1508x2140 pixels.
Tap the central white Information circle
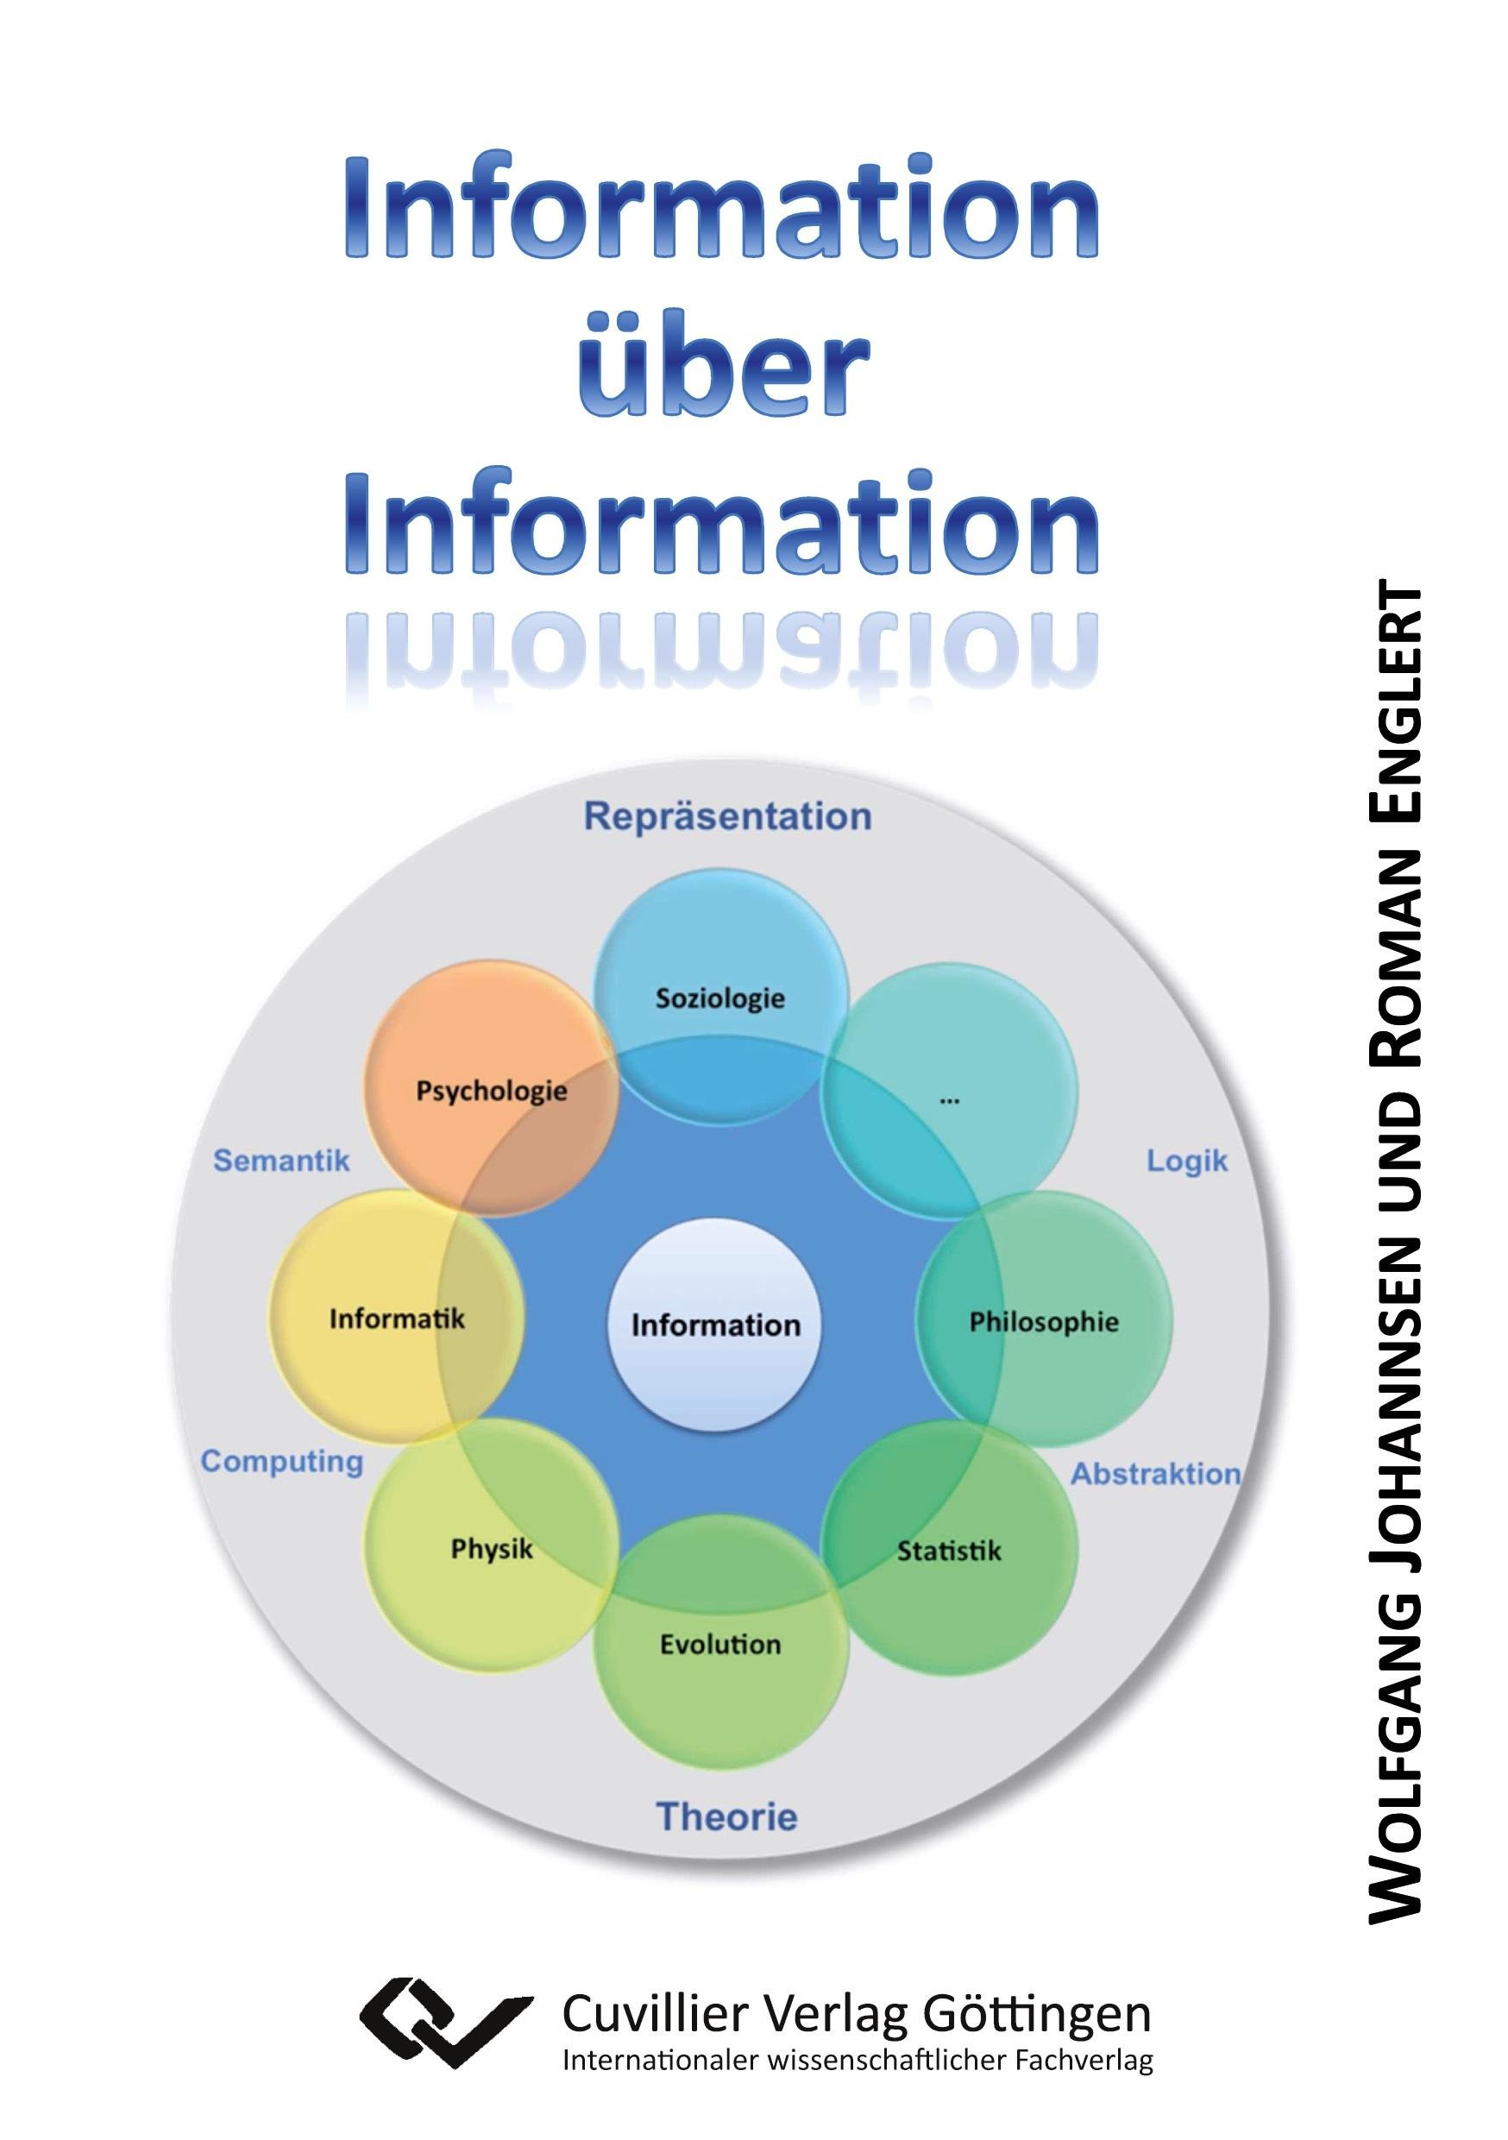[715, 1325]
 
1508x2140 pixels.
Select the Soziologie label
[720, 998]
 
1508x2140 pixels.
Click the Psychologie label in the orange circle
[491, 1091]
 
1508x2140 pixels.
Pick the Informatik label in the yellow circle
[396, 1319]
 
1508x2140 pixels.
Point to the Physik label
[491, 1549]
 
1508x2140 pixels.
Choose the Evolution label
[720, 1644]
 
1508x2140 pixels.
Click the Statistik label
[949, 1551]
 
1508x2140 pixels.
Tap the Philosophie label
[1044, 1322]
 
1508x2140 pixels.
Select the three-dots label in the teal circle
[949, 1101]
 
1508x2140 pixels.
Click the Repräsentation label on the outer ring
[727, 816]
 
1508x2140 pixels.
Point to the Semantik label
[281, 1161]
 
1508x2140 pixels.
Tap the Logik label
[1186, 1161]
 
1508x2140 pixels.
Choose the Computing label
[281, 1462]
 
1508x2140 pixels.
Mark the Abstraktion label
[1155, 1474]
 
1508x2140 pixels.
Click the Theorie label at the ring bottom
[727, 1816]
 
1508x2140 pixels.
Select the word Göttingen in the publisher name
[1036, 2015]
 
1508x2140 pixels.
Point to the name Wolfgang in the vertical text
[1395, 1734]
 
